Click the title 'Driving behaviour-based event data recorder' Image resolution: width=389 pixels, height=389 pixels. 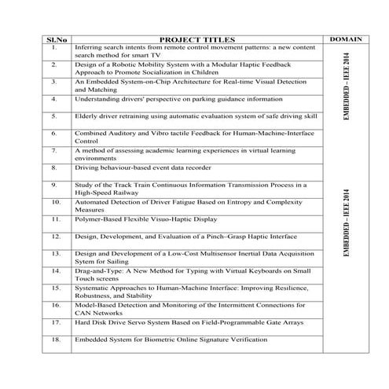click(x=141, y=167)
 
